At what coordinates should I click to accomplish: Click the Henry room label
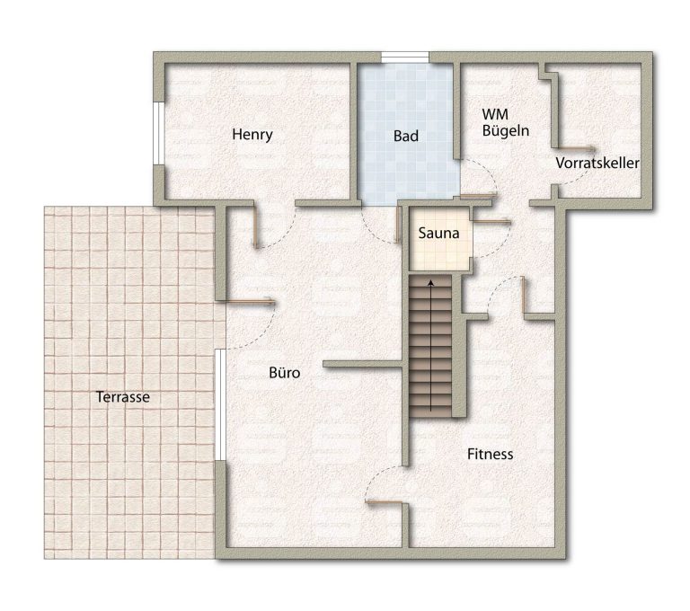pos(252,134)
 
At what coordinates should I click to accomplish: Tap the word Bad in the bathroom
pos(406,136)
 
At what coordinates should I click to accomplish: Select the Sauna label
pos(438,233)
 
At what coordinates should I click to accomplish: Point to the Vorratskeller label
pos(597,163)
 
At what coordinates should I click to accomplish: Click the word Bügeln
pos(506,131)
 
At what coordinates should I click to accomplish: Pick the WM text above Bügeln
pos(495,114)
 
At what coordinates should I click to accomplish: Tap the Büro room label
pos(284,373)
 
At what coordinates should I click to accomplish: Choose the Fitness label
pos(491,454)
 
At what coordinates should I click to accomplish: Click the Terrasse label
pos(123,397)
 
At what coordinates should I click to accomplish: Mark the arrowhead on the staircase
pos(431,283)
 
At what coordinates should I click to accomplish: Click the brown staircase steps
pos(430,347)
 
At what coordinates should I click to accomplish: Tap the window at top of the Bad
pos(405,57)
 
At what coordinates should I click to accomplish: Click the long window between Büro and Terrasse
pos(220,405)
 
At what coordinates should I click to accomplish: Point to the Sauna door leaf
pos(492,222)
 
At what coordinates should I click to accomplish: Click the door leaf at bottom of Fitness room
pos(384,502)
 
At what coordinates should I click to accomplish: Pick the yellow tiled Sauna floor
pos(439,239)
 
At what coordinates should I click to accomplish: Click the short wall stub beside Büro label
pos(364,364)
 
